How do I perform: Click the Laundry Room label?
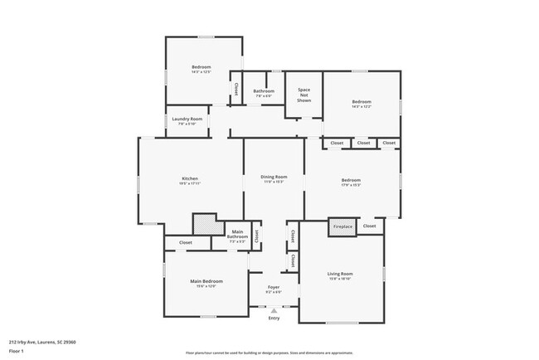[x=187, y=119]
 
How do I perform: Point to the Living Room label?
[x=340, y=274]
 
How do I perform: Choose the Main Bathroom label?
[x=237, y=234]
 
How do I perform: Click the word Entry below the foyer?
[x=274, y=318]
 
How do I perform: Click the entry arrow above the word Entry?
[x=274, y=309]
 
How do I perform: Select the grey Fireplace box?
[x=342, y=226]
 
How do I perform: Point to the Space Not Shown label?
[x=304, y=95]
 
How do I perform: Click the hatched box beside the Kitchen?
[x=204, y=223]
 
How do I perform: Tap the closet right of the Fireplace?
[x=369, y=226]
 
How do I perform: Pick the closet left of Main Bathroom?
[x=185, y=242]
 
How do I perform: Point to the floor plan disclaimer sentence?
[x=269, y=353]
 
